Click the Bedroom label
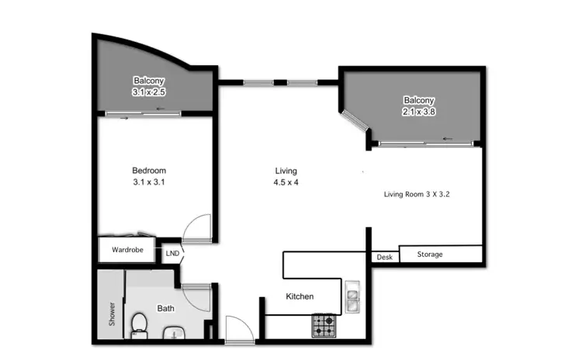(x=148, y=171)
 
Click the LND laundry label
(x=171, y=253)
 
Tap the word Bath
(x=166, y=308)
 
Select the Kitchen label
(x=300, y=296)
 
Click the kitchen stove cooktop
(x=324, y=325)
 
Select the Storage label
(x=430, y=254)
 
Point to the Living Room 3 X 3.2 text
(x=417, y=195)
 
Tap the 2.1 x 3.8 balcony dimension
(x=418, y=112)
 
